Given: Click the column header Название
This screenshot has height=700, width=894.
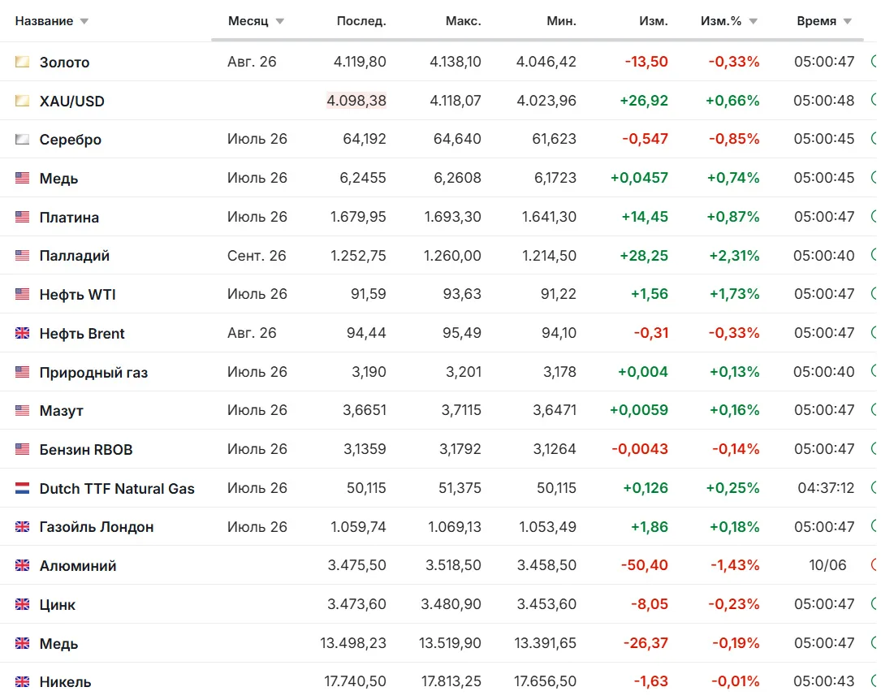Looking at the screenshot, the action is pyautogui.click(x=44, y=21).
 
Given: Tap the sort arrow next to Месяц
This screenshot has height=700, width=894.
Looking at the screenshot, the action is pyautogui.click(x=280, y=22).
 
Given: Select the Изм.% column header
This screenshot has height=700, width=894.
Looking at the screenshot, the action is pyautogui.click(x=721, y=21).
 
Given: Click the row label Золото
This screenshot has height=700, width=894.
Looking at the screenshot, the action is pyautogui.click(x=64, y=63).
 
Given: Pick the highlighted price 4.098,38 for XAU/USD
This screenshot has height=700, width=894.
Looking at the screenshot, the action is pyautogui.click(x=356, y=101).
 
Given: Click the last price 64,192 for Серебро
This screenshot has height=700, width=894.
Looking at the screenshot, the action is pyautogui.click(x=365, y=139).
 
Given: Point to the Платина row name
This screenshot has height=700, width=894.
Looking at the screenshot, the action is pyautogui.click(x=69, y=217).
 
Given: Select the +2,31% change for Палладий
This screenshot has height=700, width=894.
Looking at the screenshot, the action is pyautogui.click(x=734, y=256).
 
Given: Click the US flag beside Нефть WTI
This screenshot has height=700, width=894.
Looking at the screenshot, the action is pyautogui.click(x=22, y=294).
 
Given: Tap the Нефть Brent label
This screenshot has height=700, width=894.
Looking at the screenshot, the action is pyautogui.click(x=81, y=334).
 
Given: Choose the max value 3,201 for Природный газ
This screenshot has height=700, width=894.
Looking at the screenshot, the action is pyautogui.click(x=464, y=372).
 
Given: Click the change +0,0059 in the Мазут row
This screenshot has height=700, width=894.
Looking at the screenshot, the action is pyautogui.click(x=638, y=410).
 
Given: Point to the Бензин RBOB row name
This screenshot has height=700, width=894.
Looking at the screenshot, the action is pyautogui.click(x=85, y=450).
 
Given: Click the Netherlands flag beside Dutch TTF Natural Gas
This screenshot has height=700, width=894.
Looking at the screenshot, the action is pyautogui.click(x=22, y=489).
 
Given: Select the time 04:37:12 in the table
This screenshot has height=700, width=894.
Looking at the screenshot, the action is pyautogui.click(x=826, y=488).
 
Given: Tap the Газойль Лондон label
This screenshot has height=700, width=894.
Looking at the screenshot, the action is pyautogui.click(x=97, y=527).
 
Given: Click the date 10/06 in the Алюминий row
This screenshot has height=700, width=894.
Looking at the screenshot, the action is pyautogui.click(x=827, y=565).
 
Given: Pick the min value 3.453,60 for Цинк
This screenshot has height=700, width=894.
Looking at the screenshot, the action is pyautogui.click(x=546, y=604).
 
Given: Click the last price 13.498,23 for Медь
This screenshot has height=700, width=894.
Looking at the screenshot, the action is pyautogui.click(x=353, y=643).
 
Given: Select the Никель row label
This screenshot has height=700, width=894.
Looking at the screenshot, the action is pyautogui.click(x=65, y=682).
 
